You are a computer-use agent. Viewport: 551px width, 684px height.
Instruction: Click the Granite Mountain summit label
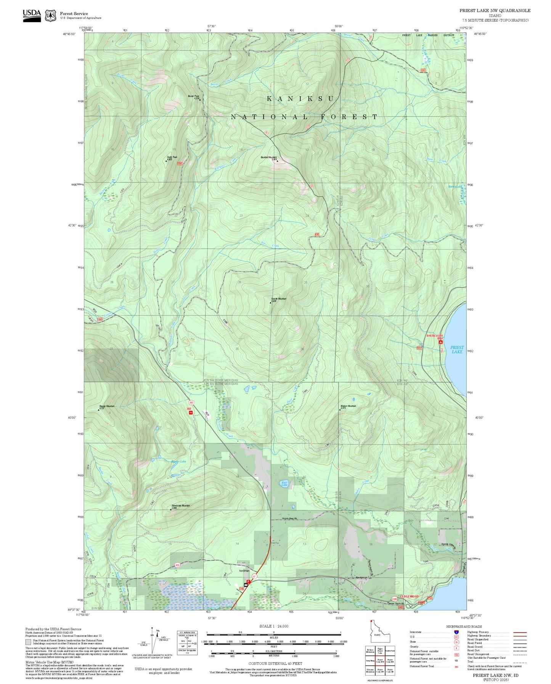[x=278, y=299]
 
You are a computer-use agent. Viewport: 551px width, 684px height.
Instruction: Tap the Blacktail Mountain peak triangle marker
[x=277, y=161]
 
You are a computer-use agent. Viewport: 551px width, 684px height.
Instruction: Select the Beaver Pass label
[x=193, y=96]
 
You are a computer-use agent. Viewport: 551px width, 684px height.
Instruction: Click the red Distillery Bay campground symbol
[x=441, y=343]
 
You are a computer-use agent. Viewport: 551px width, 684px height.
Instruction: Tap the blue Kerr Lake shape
[x=284, y=483]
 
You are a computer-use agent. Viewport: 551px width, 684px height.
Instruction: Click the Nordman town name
[x=244, y=570]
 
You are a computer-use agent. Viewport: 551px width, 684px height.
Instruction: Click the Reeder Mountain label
[x=107, y=406]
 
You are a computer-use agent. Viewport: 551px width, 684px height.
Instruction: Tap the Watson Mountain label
[x=348, y=406]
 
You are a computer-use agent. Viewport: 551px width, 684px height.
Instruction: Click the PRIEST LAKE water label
[x=457, y=349]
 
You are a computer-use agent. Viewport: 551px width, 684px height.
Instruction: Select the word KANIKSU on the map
[x=300, y=99]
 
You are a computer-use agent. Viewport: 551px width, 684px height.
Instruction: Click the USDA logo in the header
[x=32, y=14]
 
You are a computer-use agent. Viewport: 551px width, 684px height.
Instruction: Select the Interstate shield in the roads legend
[x=456, y=632]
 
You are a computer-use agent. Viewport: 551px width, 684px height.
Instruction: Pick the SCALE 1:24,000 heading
[x=273, y=626]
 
